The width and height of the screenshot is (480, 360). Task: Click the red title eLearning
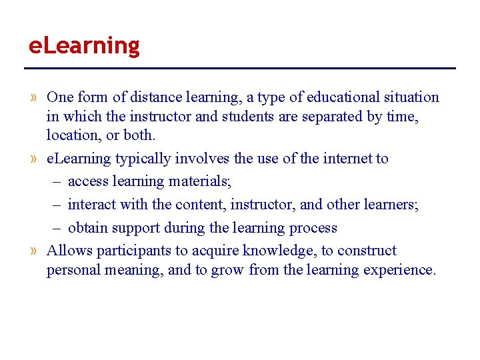pos(84,46)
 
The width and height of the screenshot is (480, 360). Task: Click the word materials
pos(201,181)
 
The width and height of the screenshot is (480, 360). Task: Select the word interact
pos(89,205)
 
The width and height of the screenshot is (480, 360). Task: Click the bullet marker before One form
pos(34,98)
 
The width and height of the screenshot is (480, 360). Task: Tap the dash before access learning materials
pos(58,181)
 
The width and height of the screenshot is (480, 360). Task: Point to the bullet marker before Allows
pos(34,251)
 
